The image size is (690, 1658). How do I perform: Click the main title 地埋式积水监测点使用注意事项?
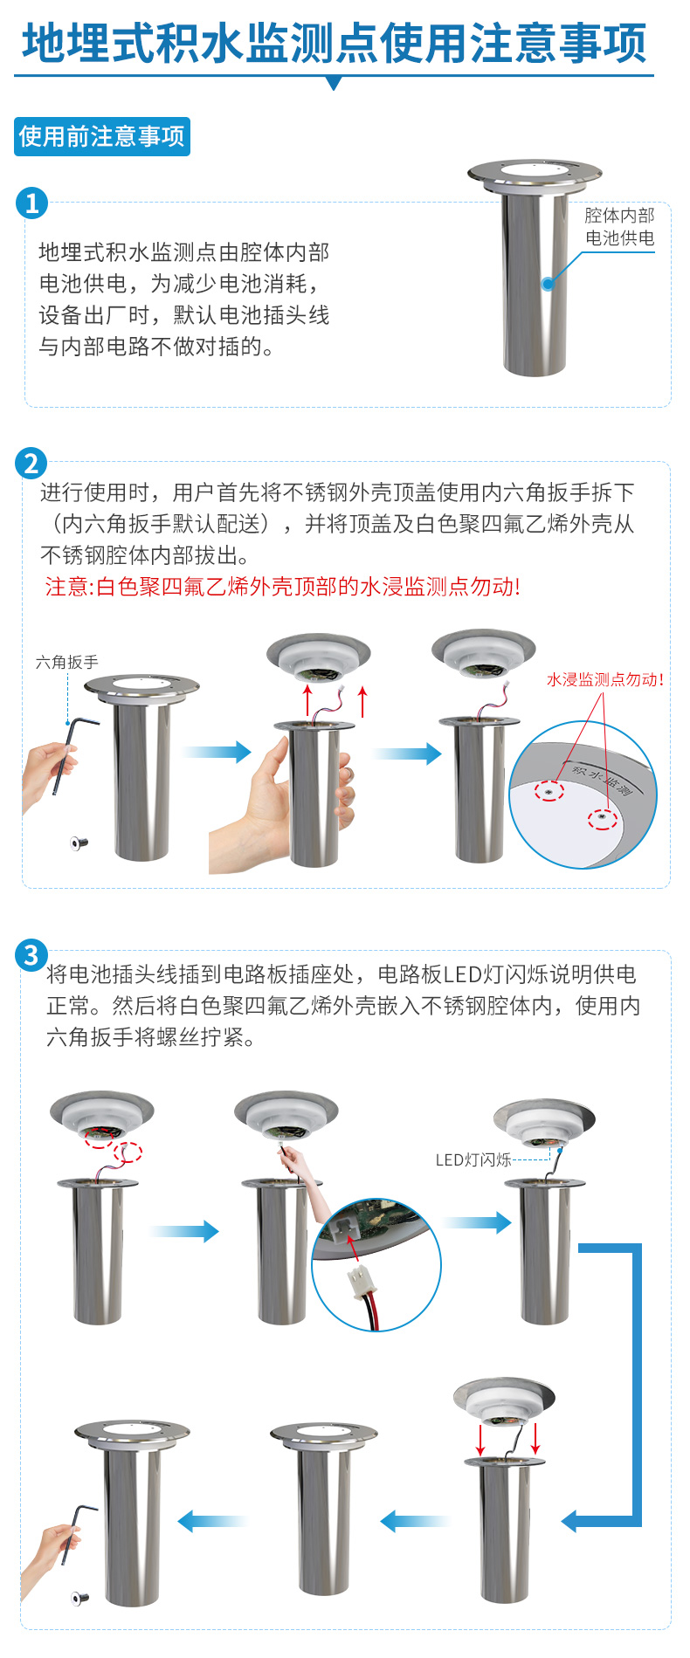click(x=334, y=44)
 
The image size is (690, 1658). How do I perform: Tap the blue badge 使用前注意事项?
click(x=102, y=137)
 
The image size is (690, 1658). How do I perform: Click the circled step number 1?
click(x=32, y=203)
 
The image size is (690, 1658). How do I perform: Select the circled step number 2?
click(x=31, y=463)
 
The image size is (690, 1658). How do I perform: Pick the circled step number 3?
click(x=31, y=955)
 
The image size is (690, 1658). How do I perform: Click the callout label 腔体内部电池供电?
click(x=619, y=227)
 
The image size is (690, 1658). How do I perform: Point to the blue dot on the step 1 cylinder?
click(x=548, y=283)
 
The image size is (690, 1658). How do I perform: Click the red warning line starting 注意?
click(x=282, y=587)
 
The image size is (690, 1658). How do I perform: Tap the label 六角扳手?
click(x=67, y=663)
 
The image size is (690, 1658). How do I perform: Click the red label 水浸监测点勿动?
click(x=604, y=679)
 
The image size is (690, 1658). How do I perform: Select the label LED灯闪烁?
click(x=473, y=1159)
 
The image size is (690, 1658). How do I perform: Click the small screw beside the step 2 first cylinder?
click(x=79, y=843)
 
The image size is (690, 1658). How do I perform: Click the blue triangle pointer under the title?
click(x=334, y=83)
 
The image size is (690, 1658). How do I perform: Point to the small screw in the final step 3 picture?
click(x=80, y=1599)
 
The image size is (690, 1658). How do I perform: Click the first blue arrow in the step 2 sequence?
click(x=217, y=751)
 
